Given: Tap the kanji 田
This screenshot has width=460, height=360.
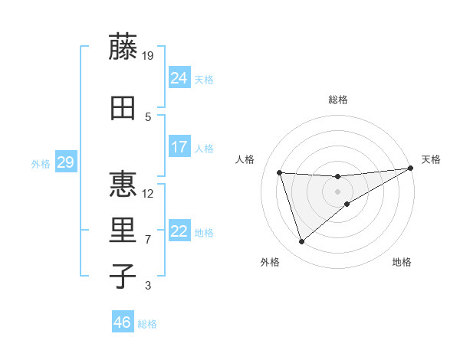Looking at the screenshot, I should [123, 108].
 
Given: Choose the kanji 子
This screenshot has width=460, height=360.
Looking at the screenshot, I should [123, 277].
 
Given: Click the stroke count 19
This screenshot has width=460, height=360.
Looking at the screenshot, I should [148, 55].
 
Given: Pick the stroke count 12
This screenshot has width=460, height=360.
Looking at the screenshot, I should [148, 193].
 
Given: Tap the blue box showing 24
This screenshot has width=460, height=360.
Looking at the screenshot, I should [179, 78].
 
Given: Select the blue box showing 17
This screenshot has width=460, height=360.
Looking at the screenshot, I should [179, 147].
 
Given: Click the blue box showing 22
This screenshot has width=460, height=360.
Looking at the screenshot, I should [179, 231].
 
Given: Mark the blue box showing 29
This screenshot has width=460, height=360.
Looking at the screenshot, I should [65, 162].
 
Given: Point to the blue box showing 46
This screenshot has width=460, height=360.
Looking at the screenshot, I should [122, 322].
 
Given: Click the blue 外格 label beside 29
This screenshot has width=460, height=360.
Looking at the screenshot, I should [41, 163].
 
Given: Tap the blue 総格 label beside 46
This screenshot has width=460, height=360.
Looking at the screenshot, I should [147, 324].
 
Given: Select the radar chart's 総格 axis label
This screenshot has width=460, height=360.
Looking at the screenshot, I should [338, 100].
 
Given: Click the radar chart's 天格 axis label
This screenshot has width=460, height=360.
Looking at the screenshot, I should [431, 159].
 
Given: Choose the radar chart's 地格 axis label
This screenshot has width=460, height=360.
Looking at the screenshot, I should [402, 262].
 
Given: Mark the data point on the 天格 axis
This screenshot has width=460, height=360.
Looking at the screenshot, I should [411, 168].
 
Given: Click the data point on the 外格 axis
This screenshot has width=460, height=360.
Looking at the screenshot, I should [302, 242].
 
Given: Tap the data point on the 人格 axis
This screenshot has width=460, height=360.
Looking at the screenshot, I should [280, 173].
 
